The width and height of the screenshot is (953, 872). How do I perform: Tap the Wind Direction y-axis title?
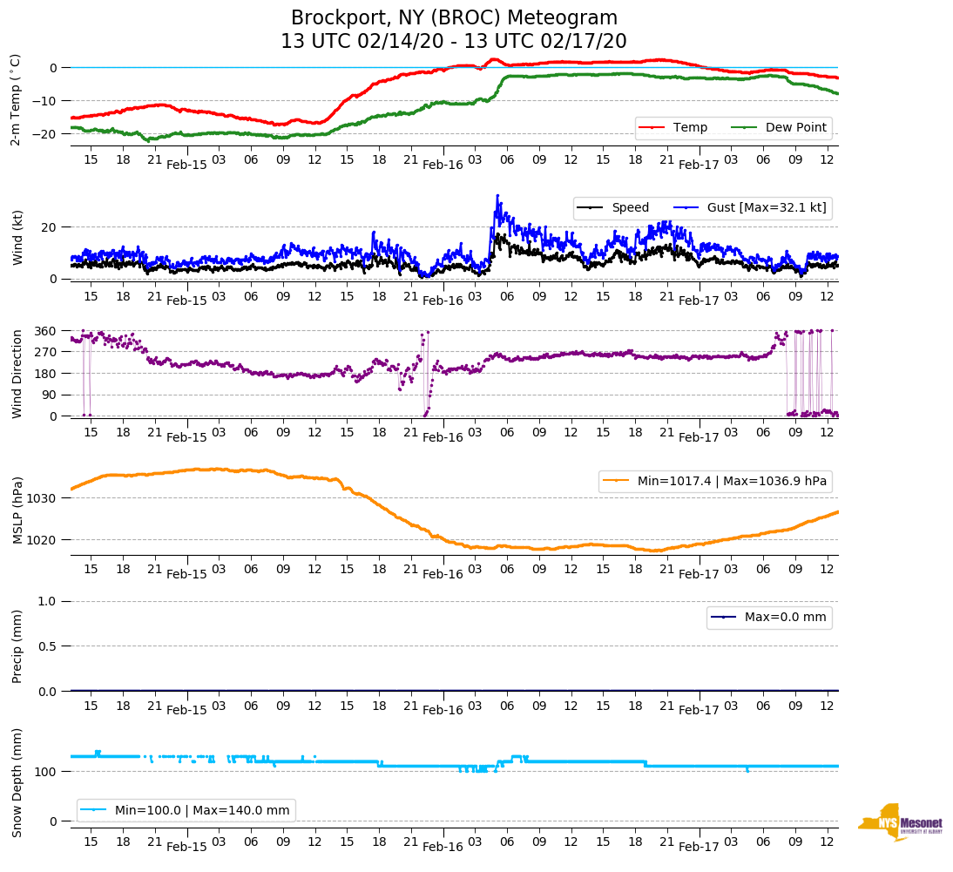tap(17, 374)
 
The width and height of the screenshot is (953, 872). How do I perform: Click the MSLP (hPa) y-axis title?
tap(17, 505)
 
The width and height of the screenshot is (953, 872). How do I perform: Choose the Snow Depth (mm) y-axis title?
tap(17, 782)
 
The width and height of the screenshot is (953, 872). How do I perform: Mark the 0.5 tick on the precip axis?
tap(47, 646)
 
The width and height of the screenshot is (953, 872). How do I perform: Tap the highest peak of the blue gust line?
tap(497, 195)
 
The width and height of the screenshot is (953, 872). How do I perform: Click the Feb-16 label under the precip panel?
tap(443, 710)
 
